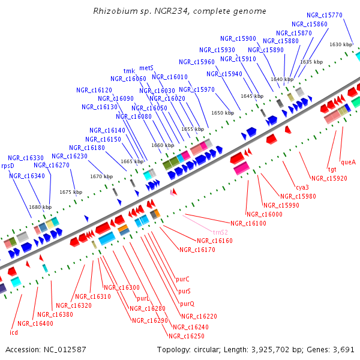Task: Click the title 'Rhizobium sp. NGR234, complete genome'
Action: (179, 11)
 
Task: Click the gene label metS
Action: (146, 68)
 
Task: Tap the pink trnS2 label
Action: (220, 232)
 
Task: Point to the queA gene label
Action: (348, 162)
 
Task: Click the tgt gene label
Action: (332, 170)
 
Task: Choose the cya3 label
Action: (302, 187)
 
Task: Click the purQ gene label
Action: (187, 304)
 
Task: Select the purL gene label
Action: (143, 298)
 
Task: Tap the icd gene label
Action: (14, 332)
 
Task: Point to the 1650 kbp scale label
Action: (222, 113)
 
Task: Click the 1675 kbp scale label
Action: (70, 192)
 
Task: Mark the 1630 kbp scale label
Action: (340, 44)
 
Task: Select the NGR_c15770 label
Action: (324, 15)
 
